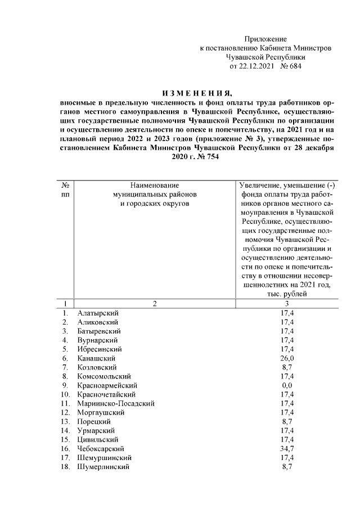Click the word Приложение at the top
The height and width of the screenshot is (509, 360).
[265, 39]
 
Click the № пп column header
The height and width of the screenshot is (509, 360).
[65, 190]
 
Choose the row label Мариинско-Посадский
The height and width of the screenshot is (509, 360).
[116, 403]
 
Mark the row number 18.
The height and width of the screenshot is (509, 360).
[66, 467]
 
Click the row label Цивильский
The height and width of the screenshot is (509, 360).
[98, 440]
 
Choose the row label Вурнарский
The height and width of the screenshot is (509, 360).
[97, 340]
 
